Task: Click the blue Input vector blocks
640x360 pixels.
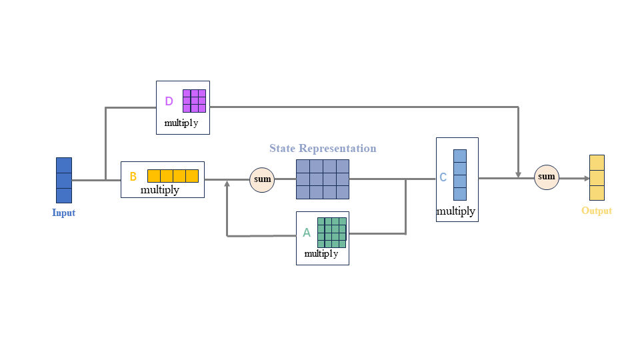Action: (64, 180)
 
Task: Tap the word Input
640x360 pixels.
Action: (64, 213)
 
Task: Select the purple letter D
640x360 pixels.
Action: (169, 101)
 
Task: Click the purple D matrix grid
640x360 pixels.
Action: (194, 101)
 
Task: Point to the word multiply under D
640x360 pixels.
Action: (181, 123)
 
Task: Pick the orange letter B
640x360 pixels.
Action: (133, 177)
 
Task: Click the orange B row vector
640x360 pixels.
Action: (173, 176)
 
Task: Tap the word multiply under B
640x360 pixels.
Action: (160, 190)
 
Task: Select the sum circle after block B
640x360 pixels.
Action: (262, 179)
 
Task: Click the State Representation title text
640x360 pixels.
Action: (323, 148)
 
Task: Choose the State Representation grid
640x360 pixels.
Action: (323, 179)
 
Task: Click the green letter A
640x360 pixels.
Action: (307, 233)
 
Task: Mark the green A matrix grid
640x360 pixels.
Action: (331, 232)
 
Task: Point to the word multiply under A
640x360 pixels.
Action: (321, 254)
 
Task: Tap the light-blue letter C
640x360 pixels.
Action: (443, 178)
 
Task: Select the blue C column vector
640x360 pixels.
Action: (460, 175)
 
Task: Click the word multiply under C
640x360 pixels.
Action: (456, 211)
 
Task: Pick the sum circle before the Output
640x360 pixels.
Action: (547, 177)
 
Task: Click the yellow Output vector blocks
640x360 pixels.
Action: (597, 178)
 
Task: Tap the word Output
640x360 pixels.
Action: (597, 211)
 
